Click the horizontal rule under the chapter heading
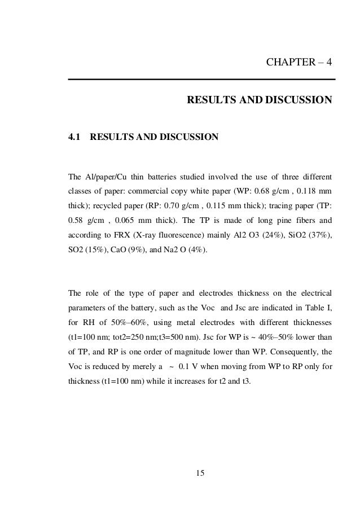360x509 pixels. click(201, 79)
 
